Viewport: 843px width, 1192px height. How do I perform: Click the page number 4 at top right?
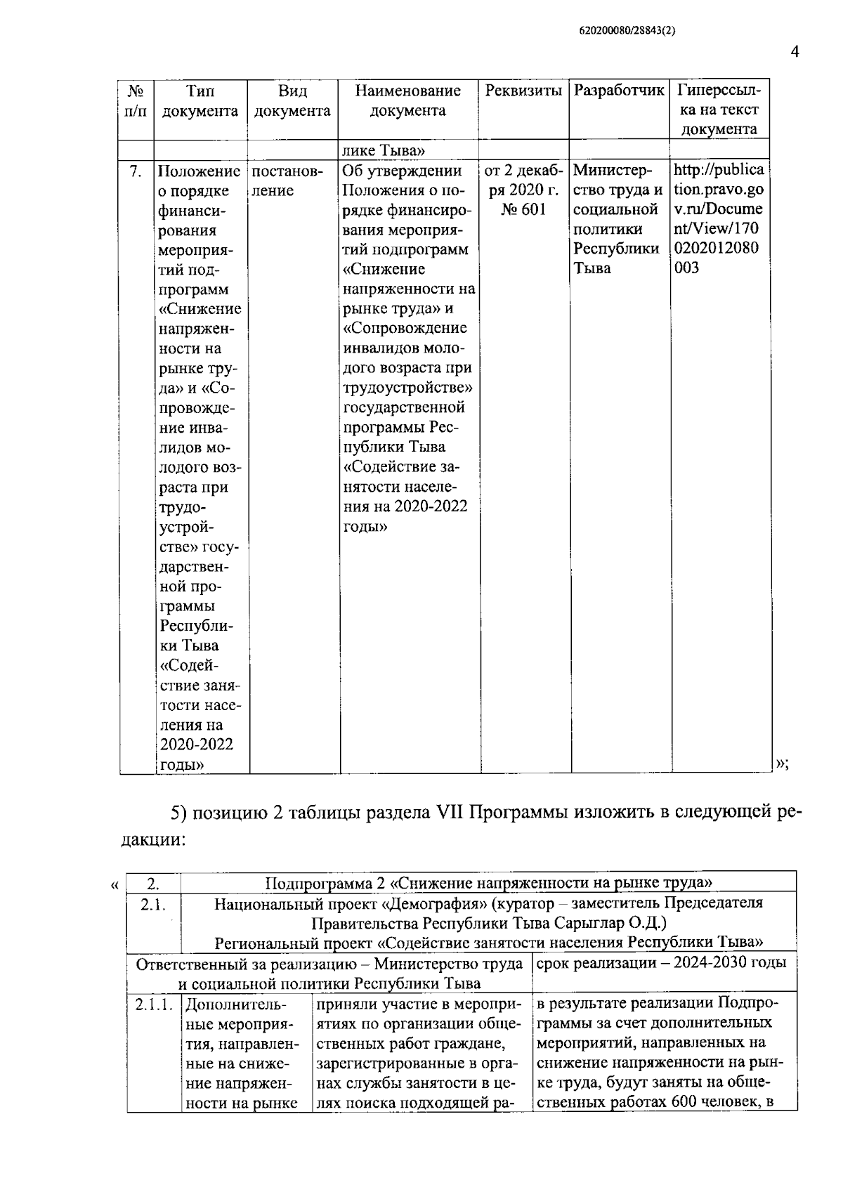[x=795, y=53]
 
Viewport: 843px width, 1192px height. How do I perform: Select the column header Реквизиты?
[x=523, y=91]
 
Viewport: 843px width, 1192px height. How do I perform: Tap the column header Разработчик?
[x=618, y=91]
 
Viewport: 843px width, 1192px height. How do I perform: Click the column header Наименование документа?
[x=407, y=100]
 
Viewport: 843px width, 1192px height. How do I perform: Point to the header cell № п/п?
[x=136, y=100]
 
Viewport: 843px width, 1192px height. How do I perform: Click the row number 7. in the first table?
[x=136, y=171]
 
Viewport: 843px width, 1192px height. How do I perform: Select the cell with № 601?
[x=523, y=210]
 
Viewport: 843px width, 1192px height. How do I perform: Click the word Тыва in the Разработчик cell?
[x=592, y=268]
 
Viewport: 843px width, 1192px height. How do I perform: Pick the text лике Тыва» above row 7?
[x=386, y=150]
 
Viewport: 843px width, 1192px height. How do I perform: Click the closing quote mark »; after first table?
[x=782, y=764]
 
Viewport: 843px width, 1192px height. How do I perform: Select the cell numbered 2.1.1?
[x=154, y=1005]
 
